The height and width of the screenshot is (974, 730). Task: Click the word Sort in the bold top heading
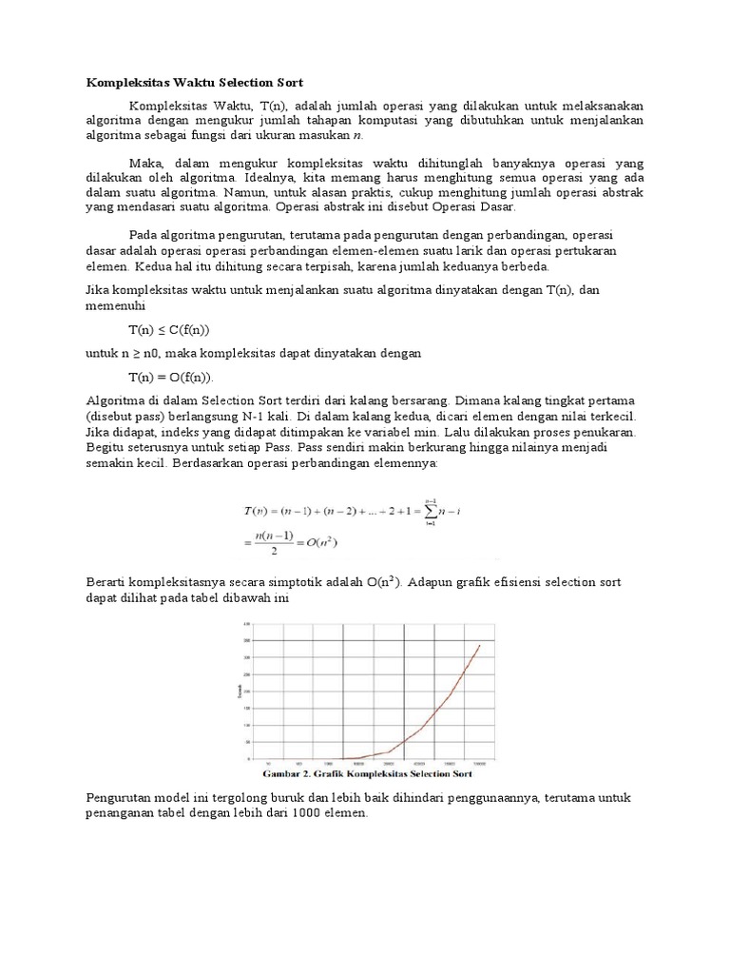(289, 83)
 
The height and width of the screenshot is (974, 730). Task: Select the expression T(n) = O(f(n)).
(171, 377)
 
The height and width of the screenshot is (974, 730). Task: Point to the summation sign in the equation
(431, 512)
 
